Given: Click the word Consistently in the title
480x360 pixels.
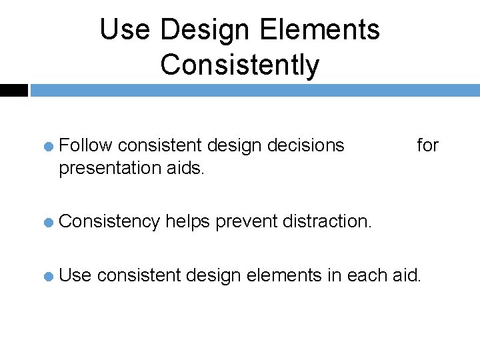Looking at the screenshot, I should click(x=239, y=65).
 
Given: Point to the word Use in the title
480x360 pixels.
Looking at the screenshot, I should click(x=126, y=30).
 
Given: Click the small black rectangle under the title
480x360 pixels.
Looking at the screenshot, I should click(x=13, y=90).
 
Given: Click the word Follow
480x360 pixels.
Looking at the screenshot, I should click(x=87, y=145).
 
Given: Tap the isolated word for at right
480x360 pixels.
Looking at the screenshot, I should click(x=427, y=145).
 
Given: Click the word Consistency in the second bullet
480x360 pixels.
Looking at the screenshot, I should click(x=109, y=221).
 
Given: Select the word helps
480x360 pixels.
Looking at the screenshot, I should click(x=189, y=221).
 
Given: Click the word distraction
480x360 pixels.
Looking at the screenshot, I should click(x=327, y=221).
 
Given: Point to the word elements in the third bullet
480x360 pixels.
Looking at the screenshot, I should click(x=285, y=273).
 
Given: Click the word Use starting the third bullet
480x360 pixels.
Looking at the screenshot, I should click(x=75, y=273).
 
